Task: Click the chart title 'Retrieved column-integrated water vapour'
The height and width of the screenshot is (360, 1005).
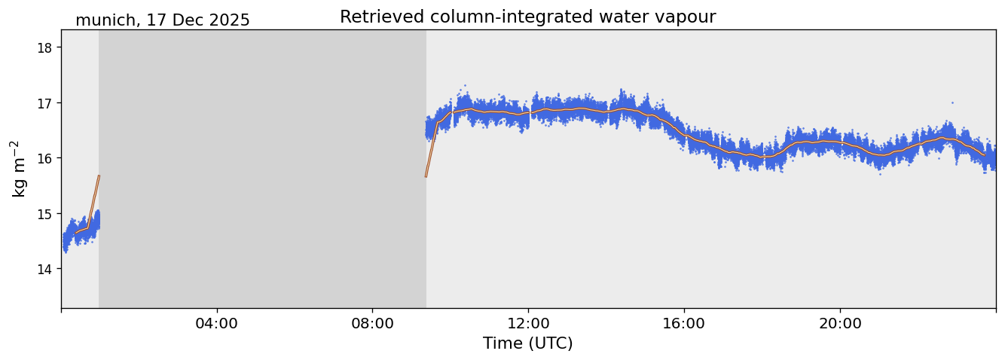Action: point(527,17)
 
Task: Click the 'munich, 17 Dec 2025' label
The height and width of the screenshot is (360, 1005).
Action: point(162,20)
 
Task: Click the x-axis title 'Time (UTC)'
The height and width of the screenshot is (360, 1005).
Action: point(527,343)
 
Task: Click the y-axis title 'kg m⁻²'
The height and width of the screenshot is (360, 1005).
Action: point(18,168)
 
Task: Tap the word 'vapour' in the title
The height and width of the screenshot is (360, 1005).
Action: point(689,17)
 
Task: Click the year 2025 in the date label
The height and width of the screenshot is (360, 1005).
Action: point(231,20)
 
